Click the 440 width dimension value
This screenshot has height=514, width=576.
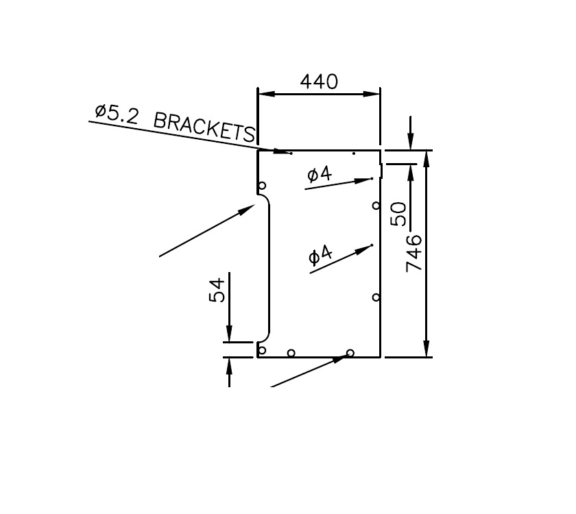319,82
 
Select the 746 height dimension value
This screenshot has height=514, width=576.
414,253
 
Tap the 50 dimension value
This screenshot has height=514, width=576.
398,215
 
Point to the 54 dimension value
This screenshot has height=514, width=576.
216,290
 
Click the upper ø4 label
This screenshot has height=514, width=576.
320,175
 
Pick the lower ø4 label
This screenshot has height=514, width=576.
320,256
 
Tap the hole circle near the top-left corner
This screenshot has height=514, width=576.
262,186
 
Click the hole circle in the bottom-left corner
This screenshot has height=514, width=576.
261,350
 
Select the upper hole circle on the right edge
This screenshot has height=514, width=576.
376,205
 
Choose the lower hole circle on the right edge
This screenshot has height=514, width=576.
376,297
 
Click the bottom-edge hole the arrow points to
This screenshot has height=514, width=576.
350,353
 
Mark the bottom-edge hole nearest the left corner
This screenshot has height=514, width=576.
291,353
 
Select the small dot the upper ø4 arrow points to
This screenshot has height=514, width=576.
372,178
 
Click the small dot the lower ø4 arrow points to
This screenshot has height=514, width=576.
372,245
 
